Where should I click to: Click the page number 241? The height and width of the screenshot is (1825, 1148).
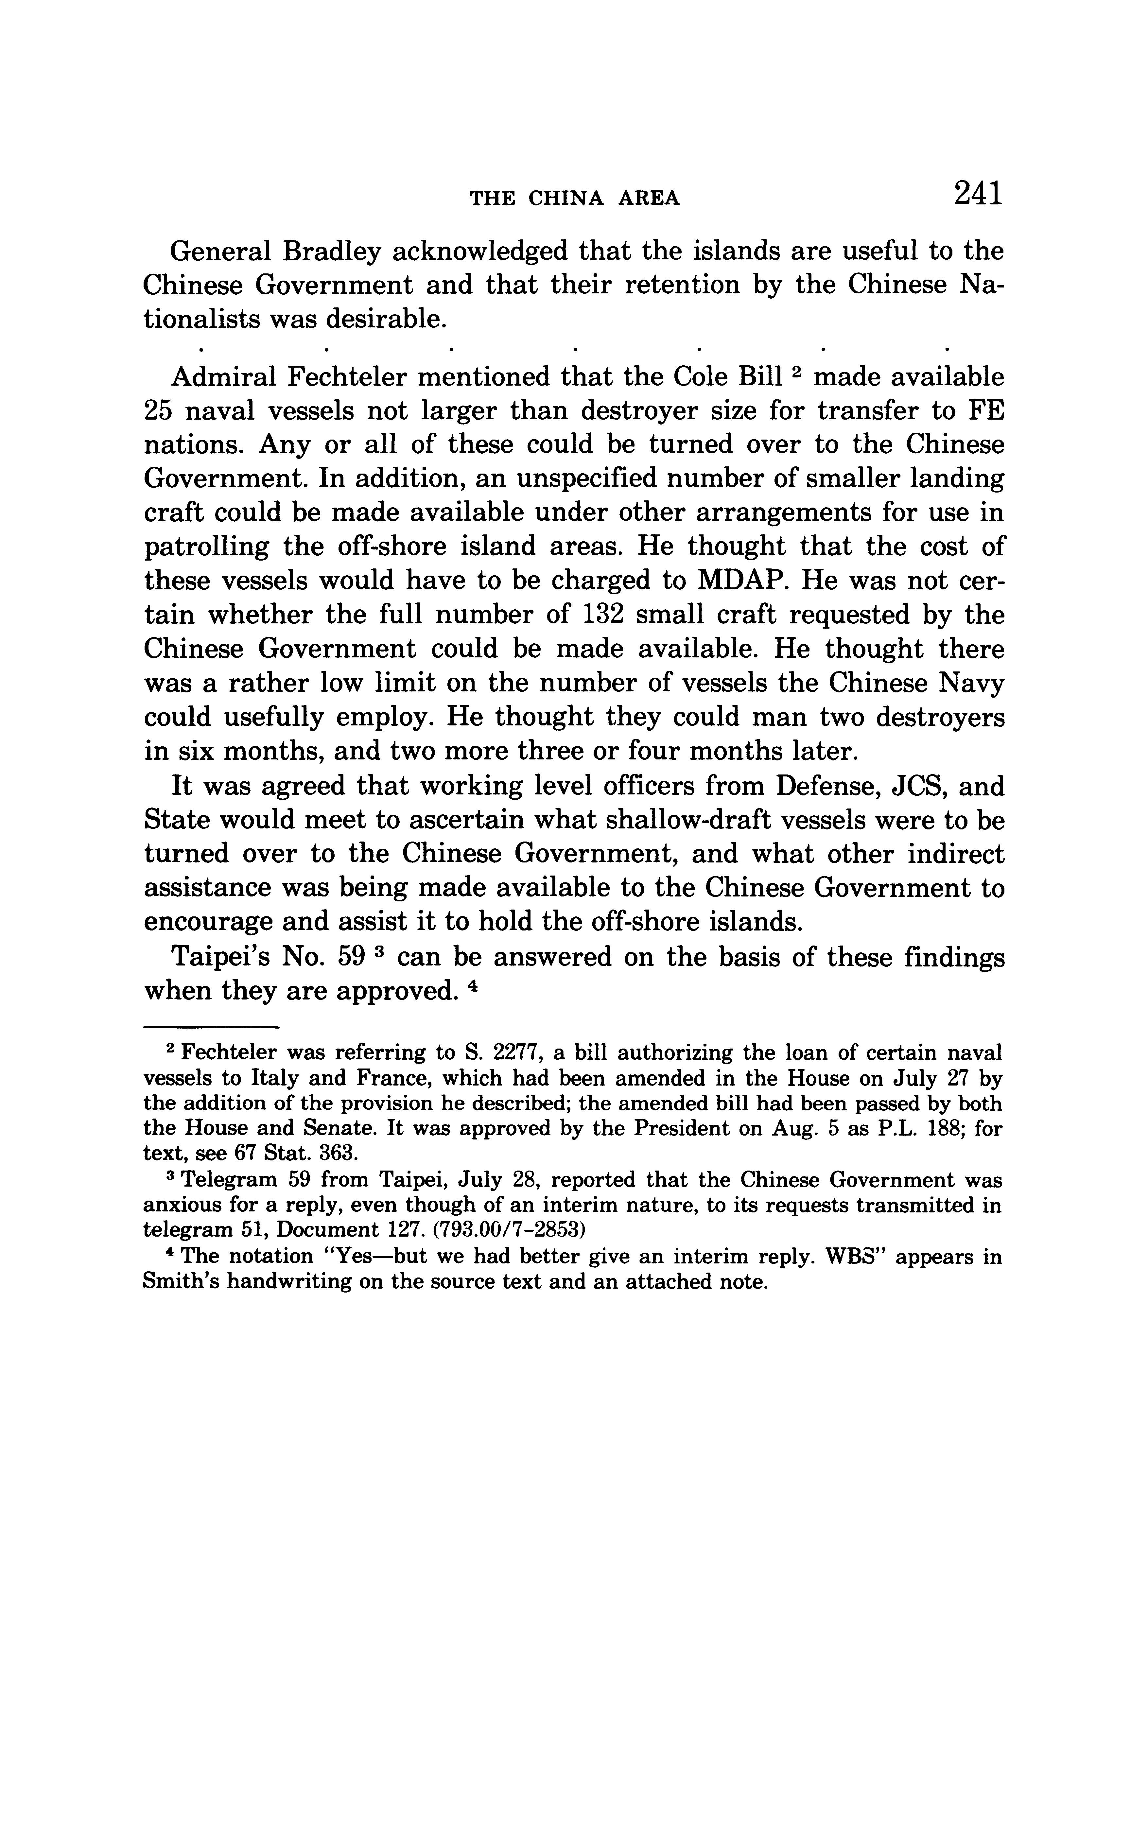(x=978, y=193)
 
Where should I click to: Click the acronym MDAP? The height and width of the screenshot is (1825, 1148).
(x=737, y=581)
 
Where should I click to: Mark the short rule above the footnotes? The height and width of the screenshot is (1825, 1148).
(x=211, y=1027)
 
